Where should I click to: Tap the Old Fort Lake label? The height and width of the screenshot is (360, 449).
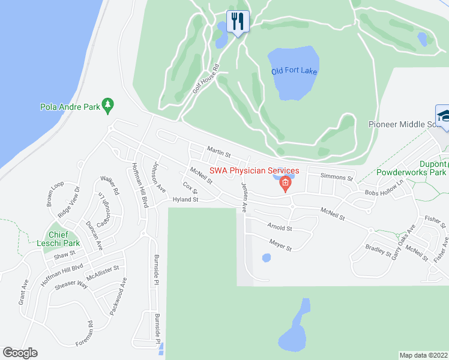(x=294, y=71)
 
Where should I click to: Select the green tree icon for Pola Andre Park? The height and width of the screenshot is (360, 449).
(x=108, y=105)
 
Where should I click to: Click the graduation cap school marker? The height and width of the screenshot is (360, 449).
(x=442, y=116)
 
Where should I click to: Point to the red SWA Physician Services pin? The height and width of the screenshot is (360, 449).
(x=286, y=184)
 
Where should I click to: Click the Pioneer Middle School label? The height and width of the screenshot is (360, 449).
(x=408, y=124)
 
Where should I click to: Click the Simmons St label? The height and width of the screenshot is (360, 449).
(x=336, y=177)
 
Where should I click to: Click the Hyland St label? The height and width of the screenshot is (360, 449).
(x=185, y=199)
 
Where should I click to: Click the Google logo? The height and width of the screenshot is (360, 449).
(x=20, y=353)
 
